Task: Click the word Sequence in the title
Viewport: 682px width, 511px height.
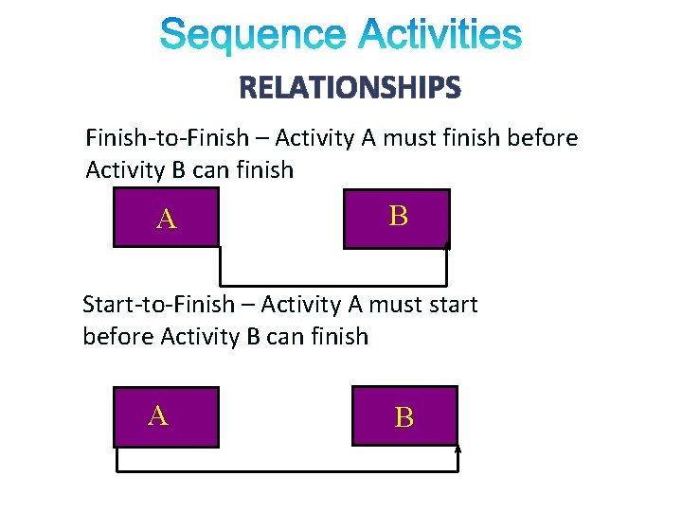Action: pyautogui.click(x=253, y=36)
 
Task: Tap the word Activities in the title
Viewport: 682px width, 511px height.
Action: pyautogui.click(x=440, y=36)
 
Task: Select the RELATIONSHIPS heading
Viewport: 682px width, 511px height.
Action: pyautogui.click(x=350, y=89)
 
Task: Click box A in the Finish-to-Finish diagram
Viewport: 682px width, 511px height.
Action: pyautogui.click(x=166, y=218)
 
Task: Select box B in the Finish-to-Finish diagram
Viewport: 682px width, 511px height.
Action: pyautogui.click(x=397, y=218)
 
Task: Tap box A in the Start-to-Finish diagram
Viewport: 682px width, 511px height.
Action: pyautogui.click(x=166, y=416)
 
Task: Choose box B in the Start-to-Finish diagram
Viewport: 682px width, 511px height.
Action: pyautogui.click(x=404, y=416)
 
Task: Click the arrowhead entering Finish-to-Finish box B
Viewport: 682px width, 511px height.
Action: pyautogui.click(x=446, y=249)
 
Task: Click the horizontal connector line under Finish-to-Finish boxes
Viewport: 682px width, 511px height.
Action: pyautogui.click(x=332, y=284)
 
